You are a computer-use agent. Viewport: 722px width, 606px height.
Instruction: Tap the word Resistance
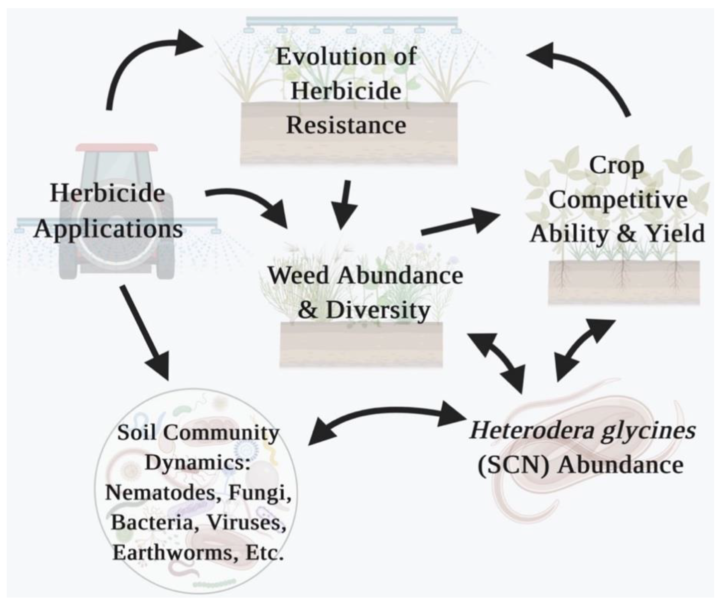pyautogui.click(x=346, y=125)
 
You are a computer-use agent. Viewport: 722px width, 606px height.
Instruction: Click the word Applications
pyautogui.click(x=108, y=229)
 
